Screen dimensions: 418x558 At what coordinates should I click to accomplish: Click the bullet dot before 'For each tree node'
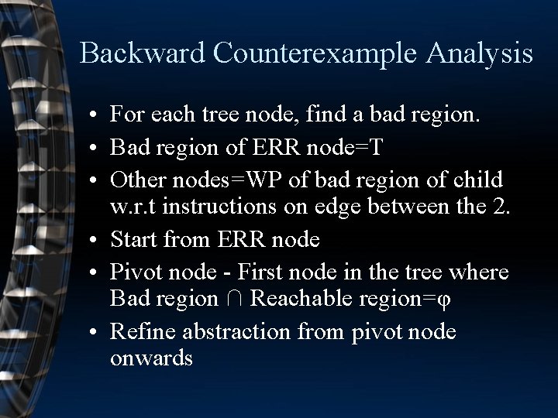92,117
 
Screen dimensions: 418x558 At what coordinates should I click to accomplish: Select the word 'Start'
134,240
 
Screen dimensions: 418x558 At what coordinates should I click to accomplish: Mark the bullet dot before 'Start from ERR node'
92,241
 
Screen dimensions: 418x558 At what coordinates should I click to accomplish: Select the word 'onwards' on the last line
152,359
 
